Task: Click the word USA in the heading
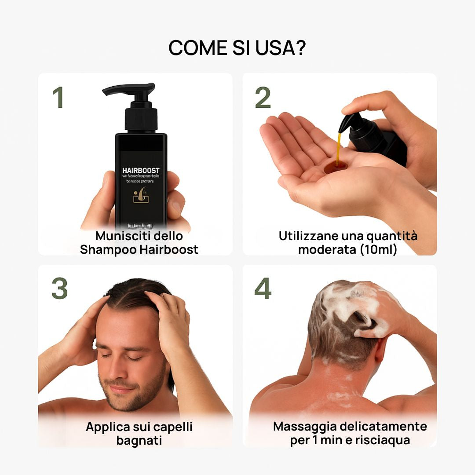click(x=271, y=48)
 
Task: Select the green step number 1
click(x=58, y=98)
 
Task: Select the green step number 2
click(x=263, y=98)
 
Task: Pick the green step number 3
click(x=59, y=289)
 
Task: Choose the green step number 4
click(x=263, y=289)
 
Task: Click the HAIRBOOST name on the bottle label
click(x=141, y=170)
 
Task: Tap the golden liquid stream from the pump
click(x=338, y=148)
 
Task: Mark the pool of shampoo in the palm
click(x=335, y=168)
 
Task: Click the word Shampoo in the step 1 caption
click(x=108, y=250)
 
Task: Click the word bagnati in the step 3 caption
click(x=139, y=440)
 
